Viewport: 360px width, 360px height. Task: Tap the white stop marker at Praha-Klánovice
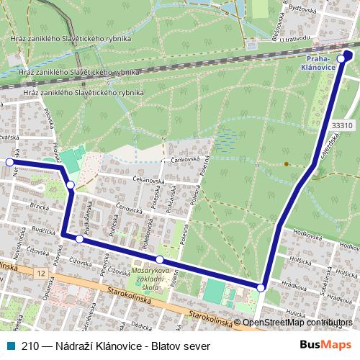341,59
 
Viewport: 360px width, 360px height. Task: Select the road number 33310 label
343,125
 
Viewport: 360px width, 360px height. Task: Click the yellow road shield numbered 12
41,274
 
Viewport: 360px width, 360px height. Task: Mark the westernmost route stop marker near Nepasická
9,162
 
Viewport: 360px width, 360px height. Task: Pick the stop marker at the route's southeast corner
261,287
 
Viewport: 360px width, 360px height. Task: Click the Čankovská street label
184,161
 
